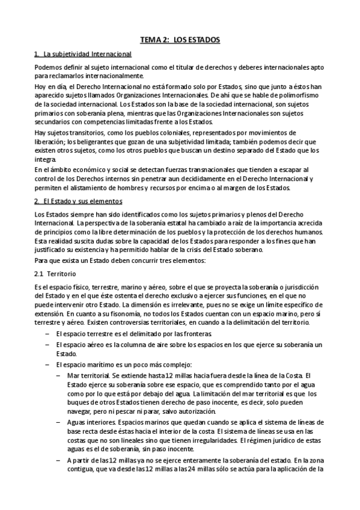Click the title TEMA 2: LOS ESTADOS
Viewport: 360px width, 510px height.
pos(180,40)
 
